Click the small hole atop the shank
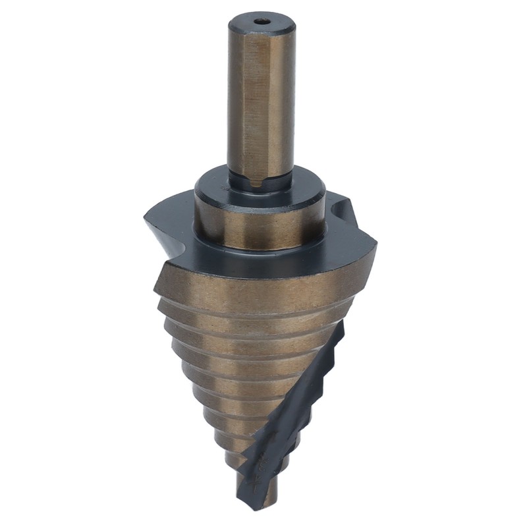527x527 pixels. (262, 21)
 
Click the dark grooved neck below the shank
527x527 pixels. (261, 184)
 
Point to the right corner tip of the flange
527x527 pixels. (374, 245)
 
